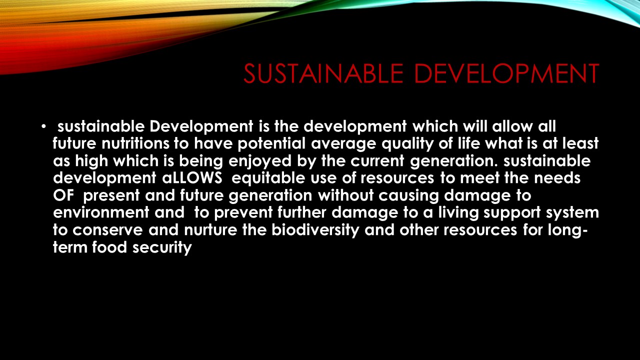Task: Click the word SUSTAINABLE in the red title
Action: [x=323, y=73]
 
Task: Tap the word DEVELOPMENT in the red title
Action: [x=506, y=73]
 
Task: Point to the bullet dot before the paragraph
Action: [x=43, y=126]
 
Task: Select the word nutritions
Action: [x=135, y=143]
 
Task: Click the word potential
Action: [x=271, y=143]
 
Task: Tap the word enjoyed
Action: [x=259, y=161]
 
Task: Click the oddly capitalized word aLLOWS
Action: [x=192, y=178]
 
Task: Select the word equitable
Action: [x=268, y=178]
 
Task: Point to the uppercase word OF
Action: [x=63, y=195]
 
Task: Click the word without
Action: [x=345, y=195]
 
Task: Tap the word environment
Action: [x=101, y=213]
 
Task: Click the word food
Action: [x=109, y=247]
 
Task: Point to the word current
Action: [x=377, y=161]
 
